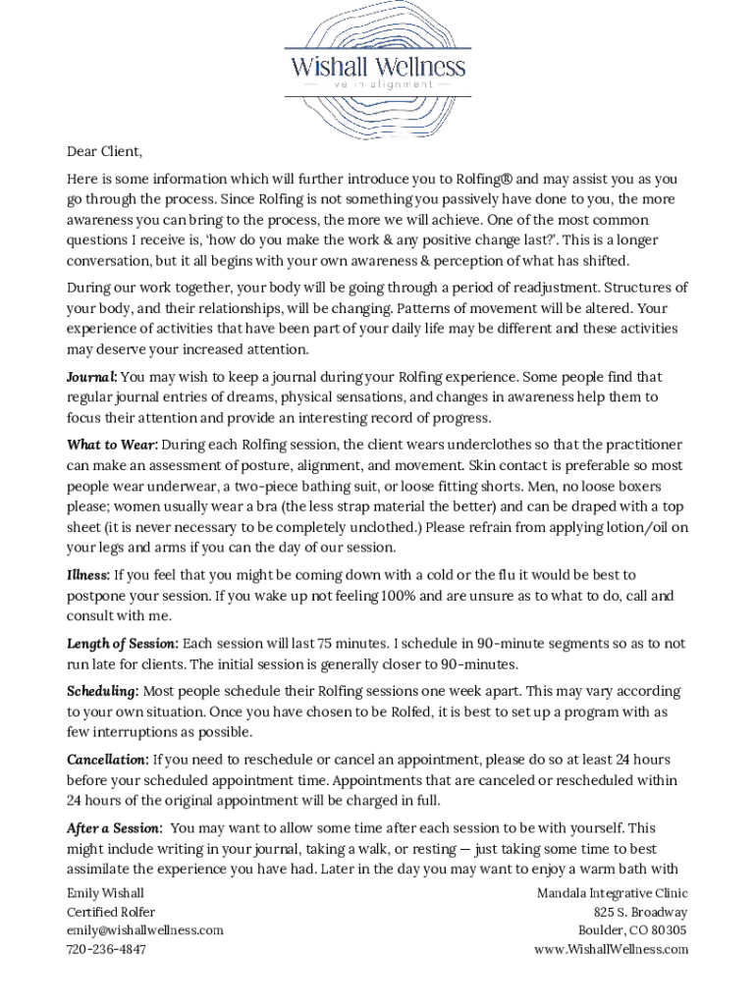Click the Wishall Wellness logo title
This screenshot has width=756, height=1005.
click(377, 67)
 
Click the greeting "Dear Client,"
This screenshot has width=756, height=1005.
click(104, 151)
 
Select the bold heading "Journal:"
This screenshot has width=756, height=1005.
click(92, 377)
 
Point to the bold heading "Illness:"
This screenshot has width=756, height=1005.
click(88, 575)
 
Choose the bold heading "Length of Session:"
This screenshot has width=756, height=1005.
click(123, 644)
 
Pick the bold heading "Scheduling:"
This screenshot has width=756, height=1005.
click(102, 692)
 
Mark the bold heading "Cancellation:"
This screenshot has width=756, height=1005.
click(108, 760)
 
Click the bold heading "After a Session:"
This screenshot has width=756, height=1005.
click(114, 828)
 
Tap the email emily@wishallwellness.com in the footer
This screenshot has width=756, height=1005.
click(144, 930)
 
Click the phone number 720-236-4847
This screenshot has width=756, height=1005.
click(106, 949)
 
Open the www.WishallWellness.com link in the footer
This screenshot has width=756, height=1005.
click(611, 949)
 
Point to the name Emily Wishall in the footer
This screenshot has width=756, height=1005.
click(105, 893)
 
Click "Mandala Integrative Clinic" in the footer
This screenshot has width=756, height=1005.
click(612, 893)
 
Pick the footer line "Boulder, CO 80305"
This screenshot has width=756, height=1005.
click(632, 930)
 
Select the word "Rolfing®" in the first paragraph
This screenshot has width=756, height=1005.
click(481, 180)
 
